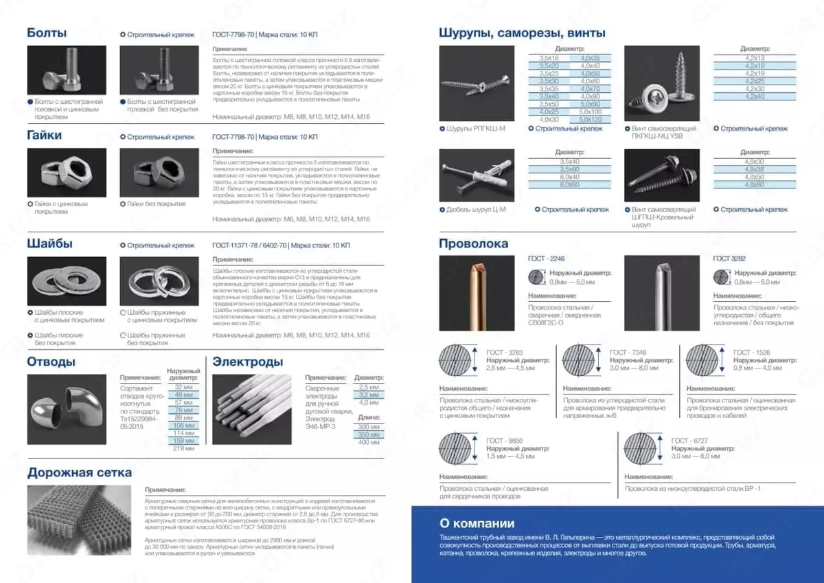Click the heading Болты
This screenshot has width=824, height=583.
pyautogui.click(x=47, y=32)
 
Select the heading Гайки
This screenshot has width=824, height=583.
pyautogui.click(x=45, y=135)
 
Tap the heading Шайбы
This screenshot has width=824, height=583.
pyautogui.click(x=49, y=243)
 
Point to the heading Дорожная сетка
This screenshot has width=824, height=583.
pyautogui.click(x=80, y=472)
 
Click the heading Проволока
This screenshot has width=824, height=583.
pyautogui.click(x=474, y=243)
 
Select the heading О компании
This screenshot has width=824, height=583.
pyautogui.click(x=476, y=523)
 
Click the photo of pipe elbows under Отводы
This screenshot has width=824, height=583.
pyautogui.click(x=67, y=410)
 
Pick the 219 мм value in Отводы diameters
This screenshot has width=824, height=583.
pyautogui.click(x=183, y=448)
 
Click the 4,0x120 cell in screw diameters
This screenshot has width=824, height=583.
pyautogui.click(x=590, y=120)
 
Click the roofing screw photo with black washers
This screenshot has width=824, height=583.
pyautogui.click(x=661, y=177)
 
